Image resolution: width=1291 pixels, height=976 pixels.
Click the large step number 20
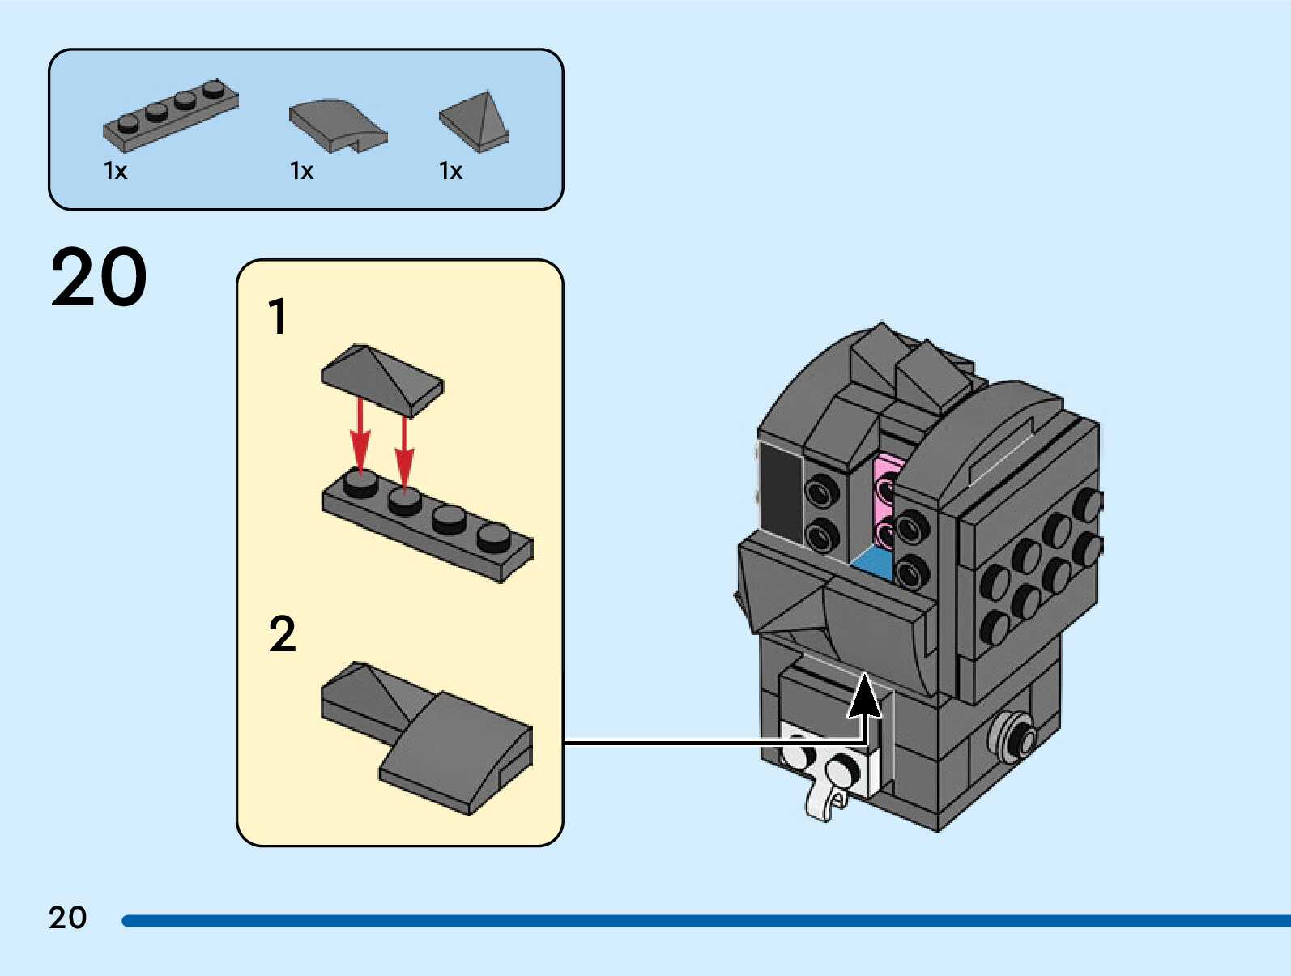click(x=98, y=277)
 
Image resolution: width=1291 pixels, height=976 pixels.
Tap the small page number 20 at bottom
click(x=68, y=918)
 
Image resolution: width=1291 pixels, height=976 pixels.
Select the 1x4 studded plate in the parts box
click(x=171, y=115)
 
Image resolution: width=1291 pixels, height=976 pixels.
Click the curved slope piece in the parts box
click(x=339, y=126)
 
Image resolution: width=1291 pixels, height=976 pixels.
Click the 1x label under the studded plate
click(x=115, y=171)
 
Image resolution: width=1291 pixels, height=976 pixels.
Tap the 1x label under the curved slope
click(x=302, y=171)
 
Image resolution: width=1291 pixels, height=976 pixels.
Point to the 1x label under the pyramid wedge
click(x=451, y=171)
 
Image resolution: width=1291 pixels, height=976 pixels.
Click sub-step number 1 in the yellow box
click(x=278, y=317)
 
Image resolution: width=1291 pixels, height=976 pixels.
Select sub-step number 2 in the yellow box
click(x=283, y=634)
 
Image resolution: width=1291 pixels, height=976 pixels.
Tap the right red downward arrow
click(x=404, y=452)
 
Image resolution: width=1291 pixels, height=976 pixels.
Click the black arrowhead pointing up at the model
click(x=864, y=697)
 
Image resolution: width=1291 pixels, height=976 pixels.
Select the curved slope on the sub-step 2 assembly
click(x=456, y=753)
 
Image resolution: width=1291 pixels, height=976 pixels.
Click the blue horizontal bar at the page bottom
click(x=705, y=921)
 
